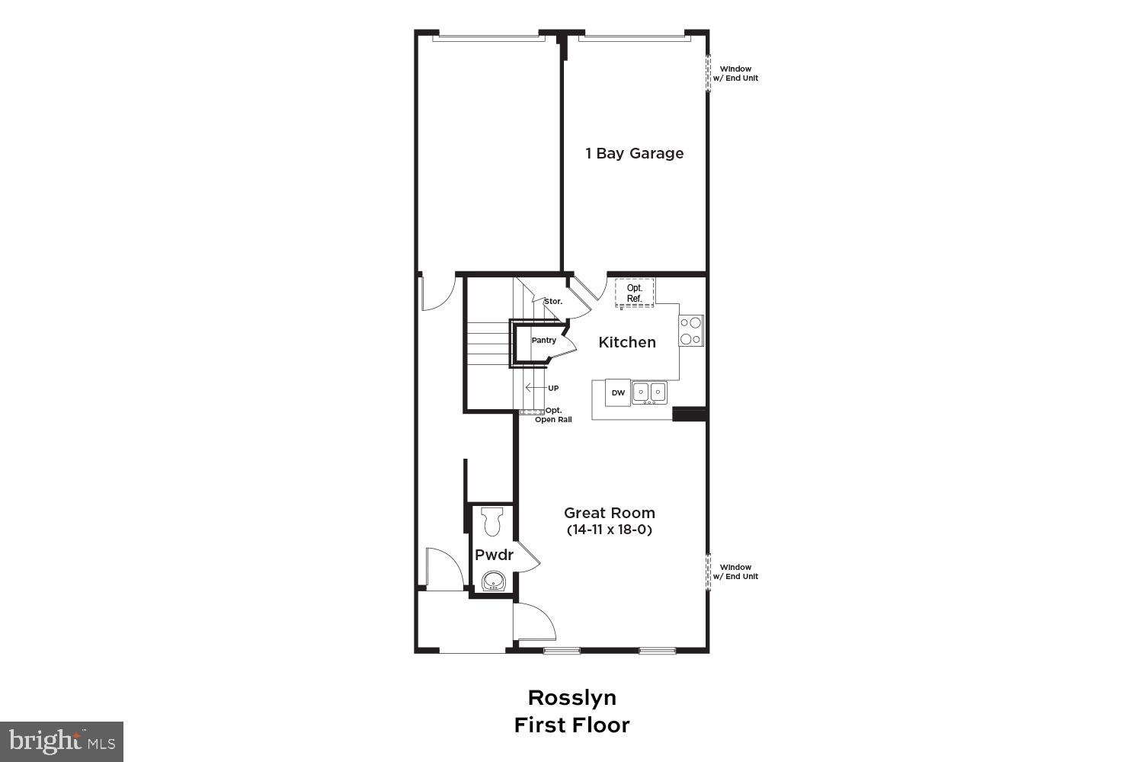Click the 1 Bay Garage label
pyautogui.click(x=634, y=153)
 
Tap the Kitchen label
pyautogui.click(x=627, y=342)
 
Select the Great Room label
pyautogui.click(x=610, y=513)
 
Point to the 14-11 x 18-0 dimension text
pyautogui.click(x=610, y=530)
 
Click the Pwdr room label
pyautogui.click(x=494, y=555)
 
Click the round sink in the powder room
pyautogui.click(x=494, y=581)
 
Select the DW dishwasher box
pyautogui.click(x=618, y=392)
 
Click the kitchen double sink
pyautogui.click(x=649, y=392)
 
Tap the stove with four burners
pyautogui.click(x=691, y=331)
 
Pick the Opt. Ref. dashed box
pyautogui.click(x=635, y=293)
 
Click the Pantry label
pyautogui.click(x=544, y=341)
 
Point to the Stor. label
pyautogui.click(x=553, y=302)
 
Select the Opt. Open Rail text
pyautogui.click(x=553, y=415)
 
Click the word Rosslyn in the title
pyautogui.click(x=572, y=697)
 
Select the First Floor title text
pyautogui.click(x=572, y=725)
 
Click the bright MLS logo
pyautogui.click(x=62, y=741)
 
